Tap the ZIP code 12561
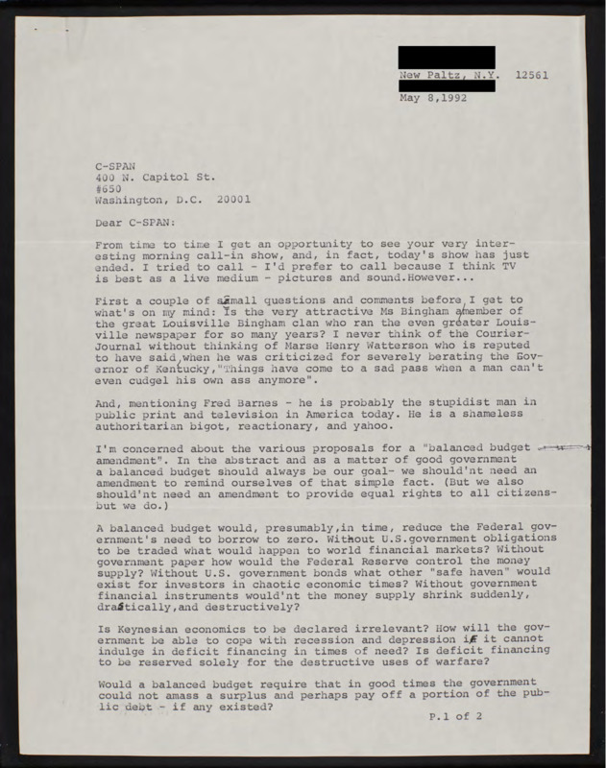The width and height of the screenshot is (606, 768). (533, 73)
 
